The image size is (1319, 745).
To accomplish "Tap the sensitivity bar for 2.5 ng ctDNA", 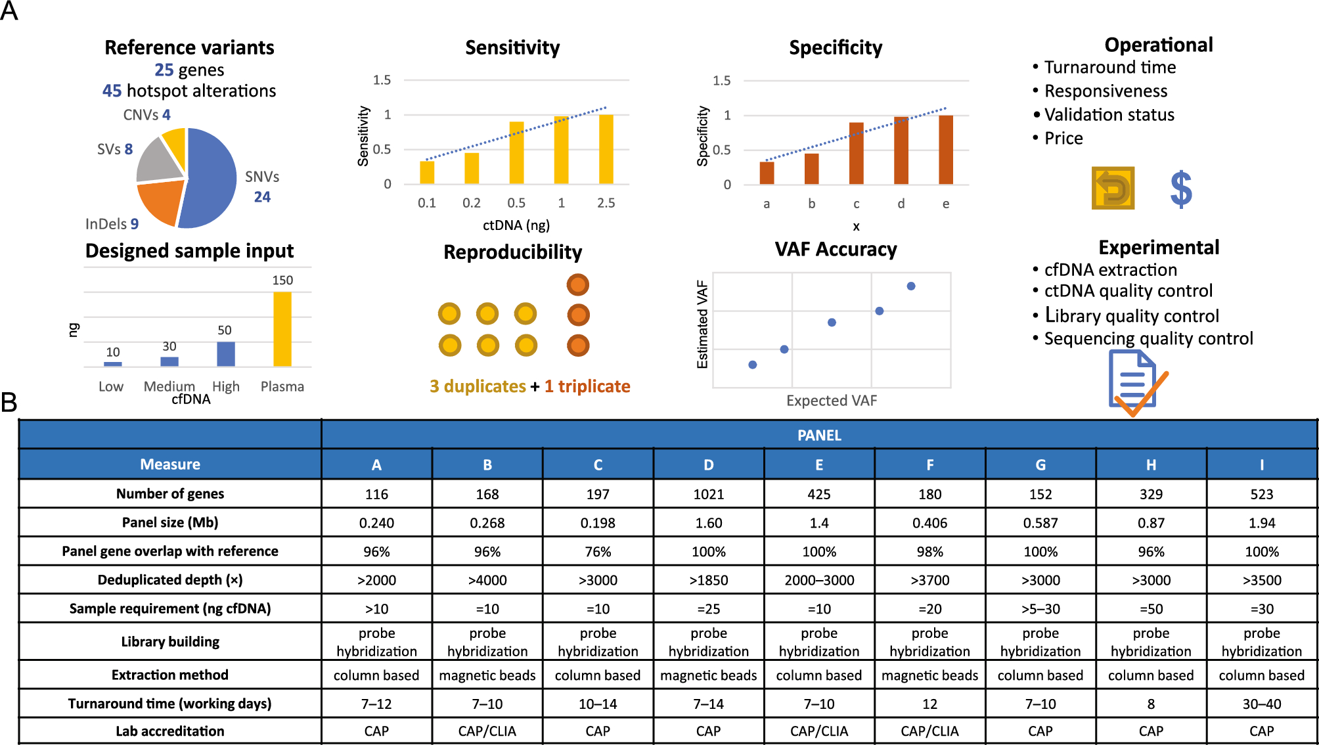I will (x=606, y=149).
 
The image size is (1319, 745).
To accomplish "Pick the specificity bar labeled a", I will (x=767, y=173).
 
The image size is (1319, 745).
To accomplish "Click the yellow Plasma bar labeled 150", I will (x=282, y=328).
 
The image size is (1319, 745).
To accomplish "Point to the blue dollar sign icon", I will (x=1180, y=189).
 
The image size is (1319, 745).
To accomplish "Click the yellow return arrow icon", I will (x=1113, y=189).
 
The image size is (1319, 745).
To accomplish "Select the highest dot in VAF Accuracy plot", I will (x=911, y=286).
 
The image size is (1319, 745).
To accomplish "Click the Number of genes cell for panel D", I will (x=708, y=494).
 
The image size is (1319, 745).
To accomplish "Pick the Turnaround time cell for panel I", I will (x=1261, y=704).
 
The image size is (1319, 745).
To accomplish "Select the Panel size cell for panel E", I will (x=818, y=523).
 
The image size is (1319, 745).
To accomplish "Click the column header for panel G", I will (x=1040, y=464).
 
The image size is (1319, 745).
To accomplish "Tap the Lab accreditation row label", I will (x=170, y=731).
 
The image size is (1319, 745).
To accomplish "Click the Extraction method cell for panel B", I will (x=487, y=675).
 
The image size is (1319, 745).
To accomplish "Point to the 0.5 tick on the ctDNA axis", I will (x=516, y=203).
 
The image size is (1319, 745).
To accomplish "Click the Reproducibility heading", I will (x=512, y=252).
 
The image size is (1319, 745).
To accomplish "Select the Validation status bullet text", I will (x=1109, y=115).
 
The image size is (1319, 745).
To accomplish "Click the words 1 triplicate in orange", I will (x=587, y=386).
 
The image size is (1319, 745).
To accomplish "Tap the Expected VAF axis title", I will (x=831, y=401).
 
